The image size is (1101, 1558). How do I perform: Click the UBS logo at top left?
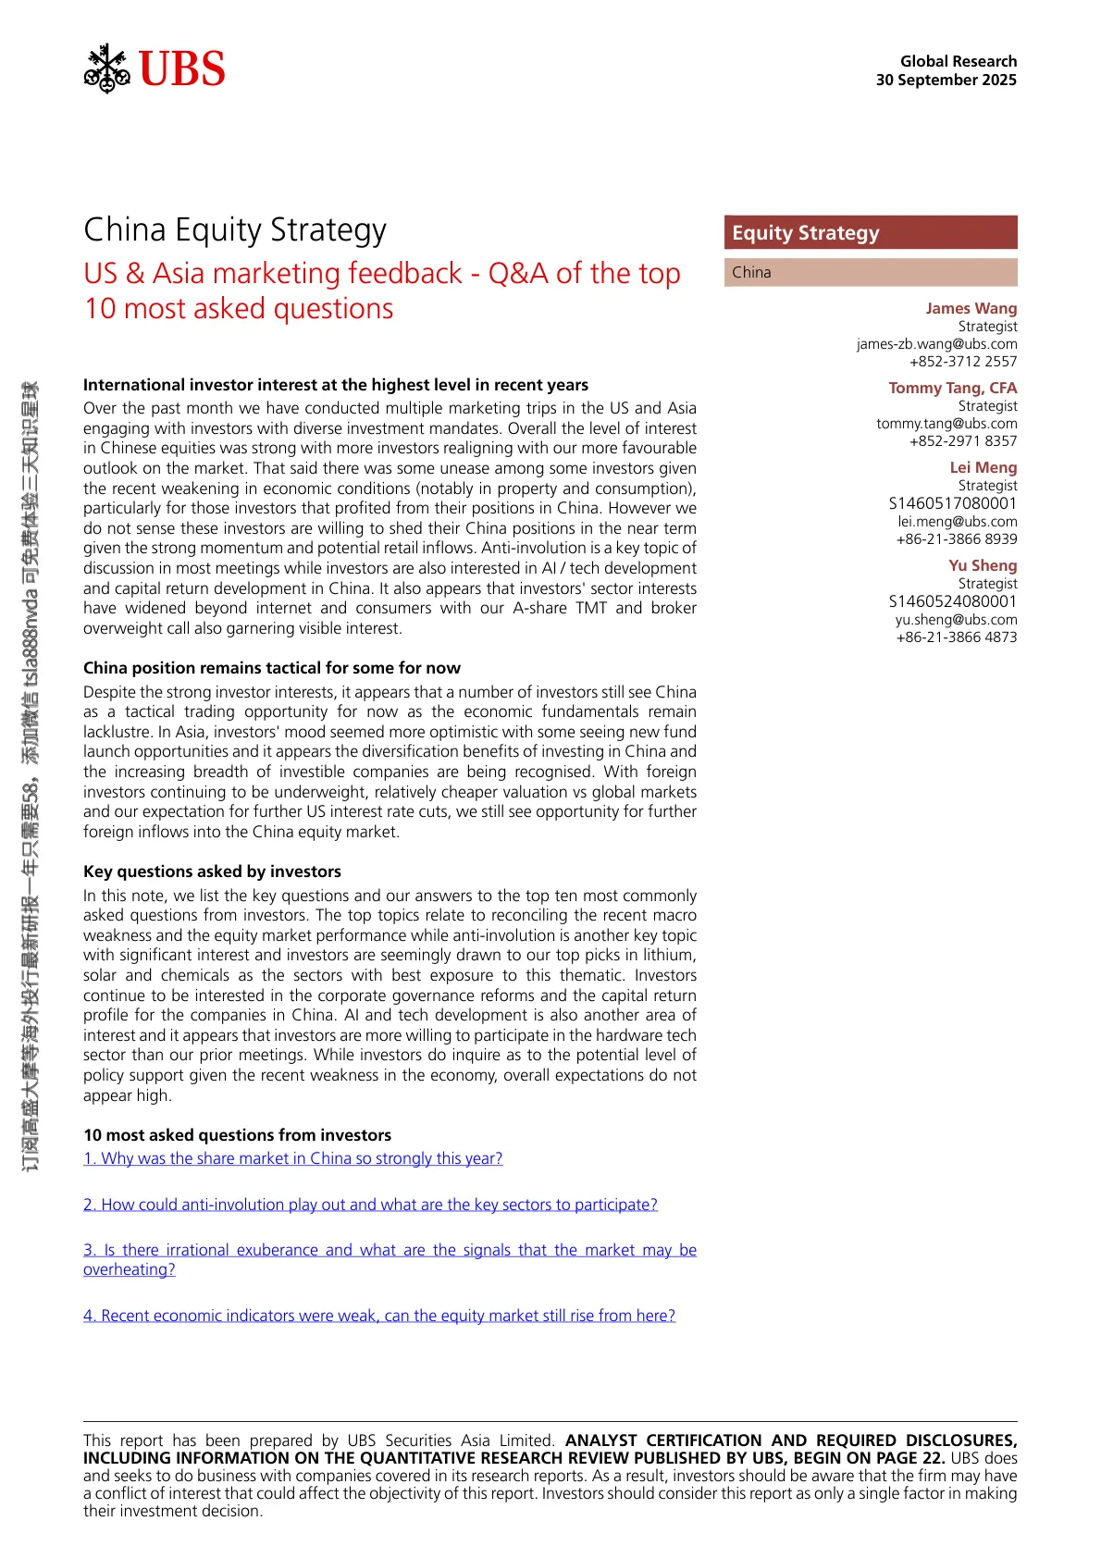point(155,68)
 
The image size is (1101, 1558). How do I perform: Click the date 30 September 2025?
point(946,80)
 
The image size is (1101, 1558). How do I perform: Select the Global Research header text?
point(958,61)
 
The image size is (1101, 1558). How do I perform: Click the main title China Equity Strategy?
point(235,229)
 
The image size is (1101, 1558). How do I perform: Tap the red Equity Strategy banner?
point(870,233)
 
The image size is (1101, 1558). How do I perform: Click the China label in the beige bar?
point(751,272)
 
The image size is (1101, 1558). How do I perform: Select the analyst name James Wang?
point(971,308)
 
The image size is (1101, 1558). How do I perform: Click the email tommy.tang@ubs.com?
point(946,424)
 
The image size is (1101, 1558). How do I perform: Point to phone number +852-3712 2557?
point(963,362)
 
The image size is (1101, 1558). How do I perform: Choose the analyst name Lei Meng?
point(983,467)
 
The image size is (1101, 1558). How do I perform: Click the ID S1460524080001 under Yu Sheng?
point(952,601)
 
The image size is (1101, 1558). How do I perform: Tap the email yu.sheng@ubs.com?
point(956,620)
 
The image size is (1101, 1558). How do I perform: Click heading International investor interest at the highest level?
point(336,385)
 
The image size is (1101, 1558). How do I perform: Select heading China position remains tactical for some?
point(272,668)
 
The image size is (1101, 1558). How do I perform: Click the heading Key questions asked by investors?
point(212,872)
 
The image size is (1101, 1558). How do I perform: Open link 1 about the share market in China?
point(293,1158)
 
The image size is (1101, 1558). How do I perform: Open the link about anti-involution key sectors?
point(370,1205)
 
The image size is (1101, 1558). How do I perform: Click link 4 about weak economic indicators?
point(379,1316)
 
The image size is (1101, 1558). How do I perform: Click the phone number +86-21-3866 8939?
point(956,539)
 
